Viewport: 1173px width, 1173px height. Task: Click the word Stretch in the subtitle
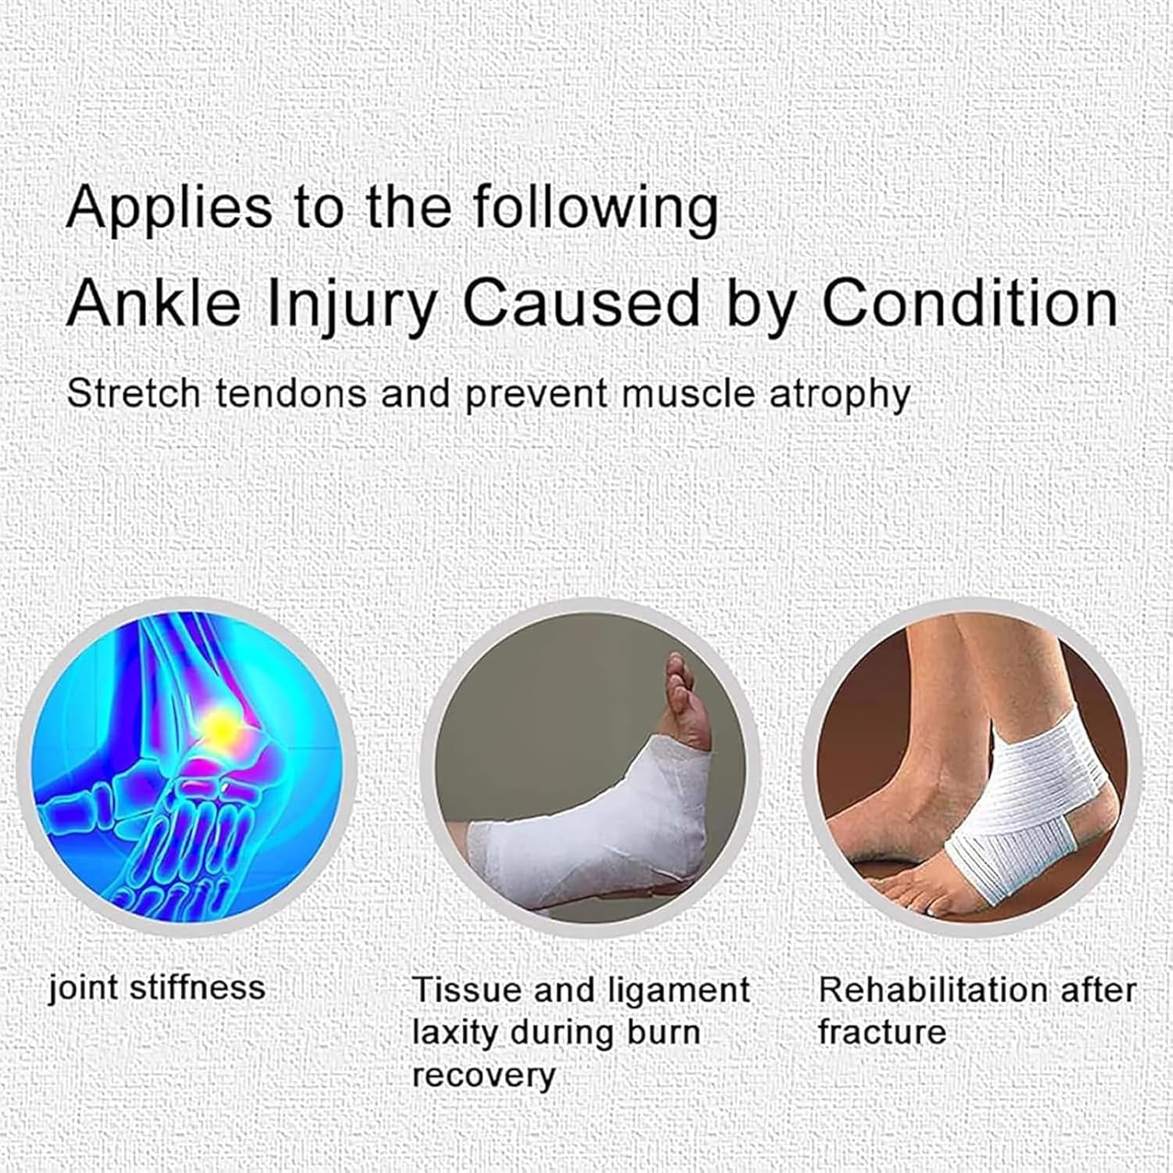(134, 393)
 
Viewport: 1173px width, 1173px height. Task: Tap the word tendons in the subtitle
(291, 393)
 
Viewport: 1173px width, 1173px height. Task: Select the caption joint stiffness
(157, 988)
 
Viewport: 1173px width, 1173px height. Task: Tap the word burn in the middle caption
(662, 1032)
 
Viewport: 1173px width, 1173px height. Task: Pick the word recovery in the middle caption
(483, 1075)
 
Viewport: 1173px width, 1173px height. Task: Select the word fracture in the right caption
(882, 1032)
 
